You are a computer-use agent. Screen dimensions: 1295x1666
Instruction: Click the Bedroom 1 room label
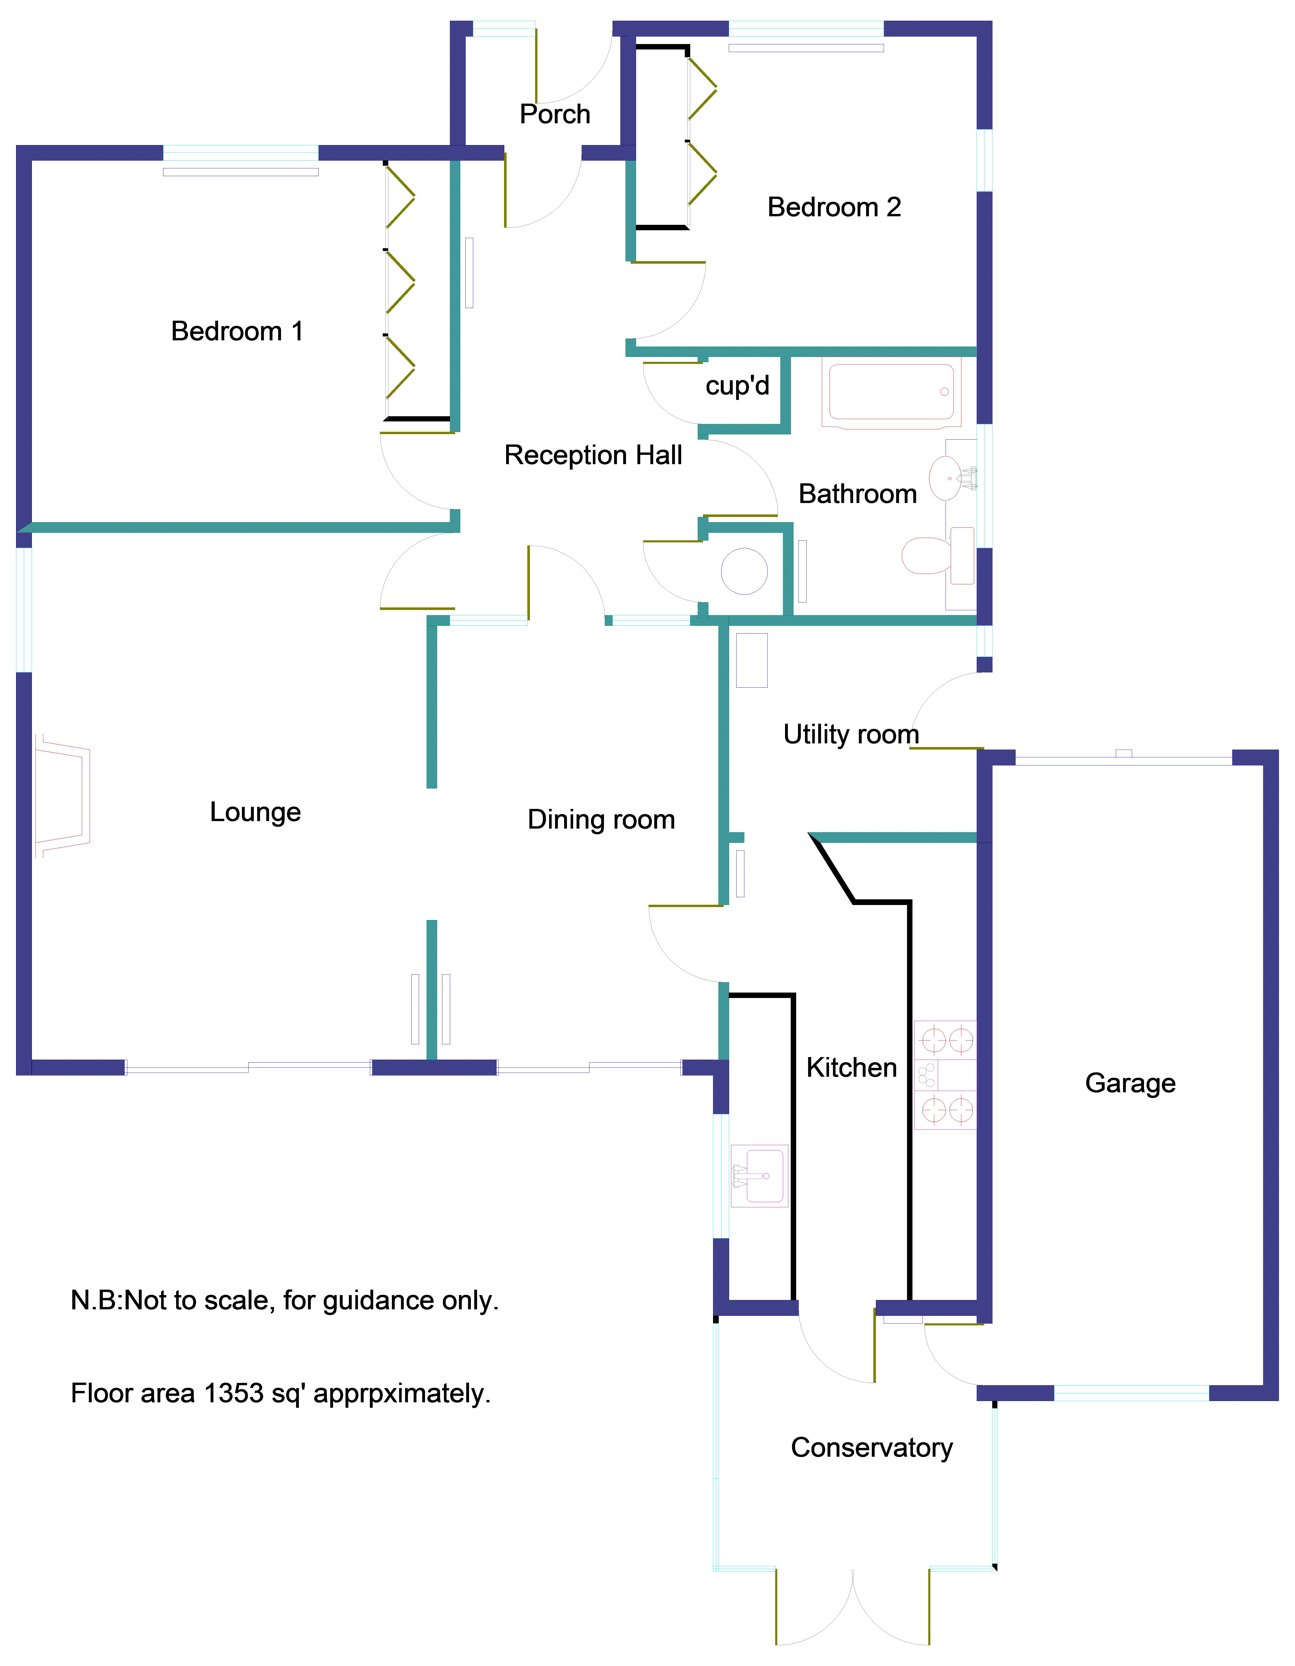237,331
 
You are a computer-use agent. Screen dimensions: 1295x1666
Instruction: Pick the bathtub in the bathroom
891,392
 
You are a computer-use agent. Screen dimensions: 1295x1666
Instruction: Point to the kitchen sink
759,1175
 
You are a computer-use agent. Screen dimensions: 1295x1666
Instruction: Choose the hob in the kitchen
945,1075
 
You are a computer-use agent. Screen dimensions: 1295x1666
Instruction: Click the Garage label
1130,1083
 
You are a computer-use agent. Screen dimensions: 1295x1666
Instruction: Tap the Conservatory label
872,1447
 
